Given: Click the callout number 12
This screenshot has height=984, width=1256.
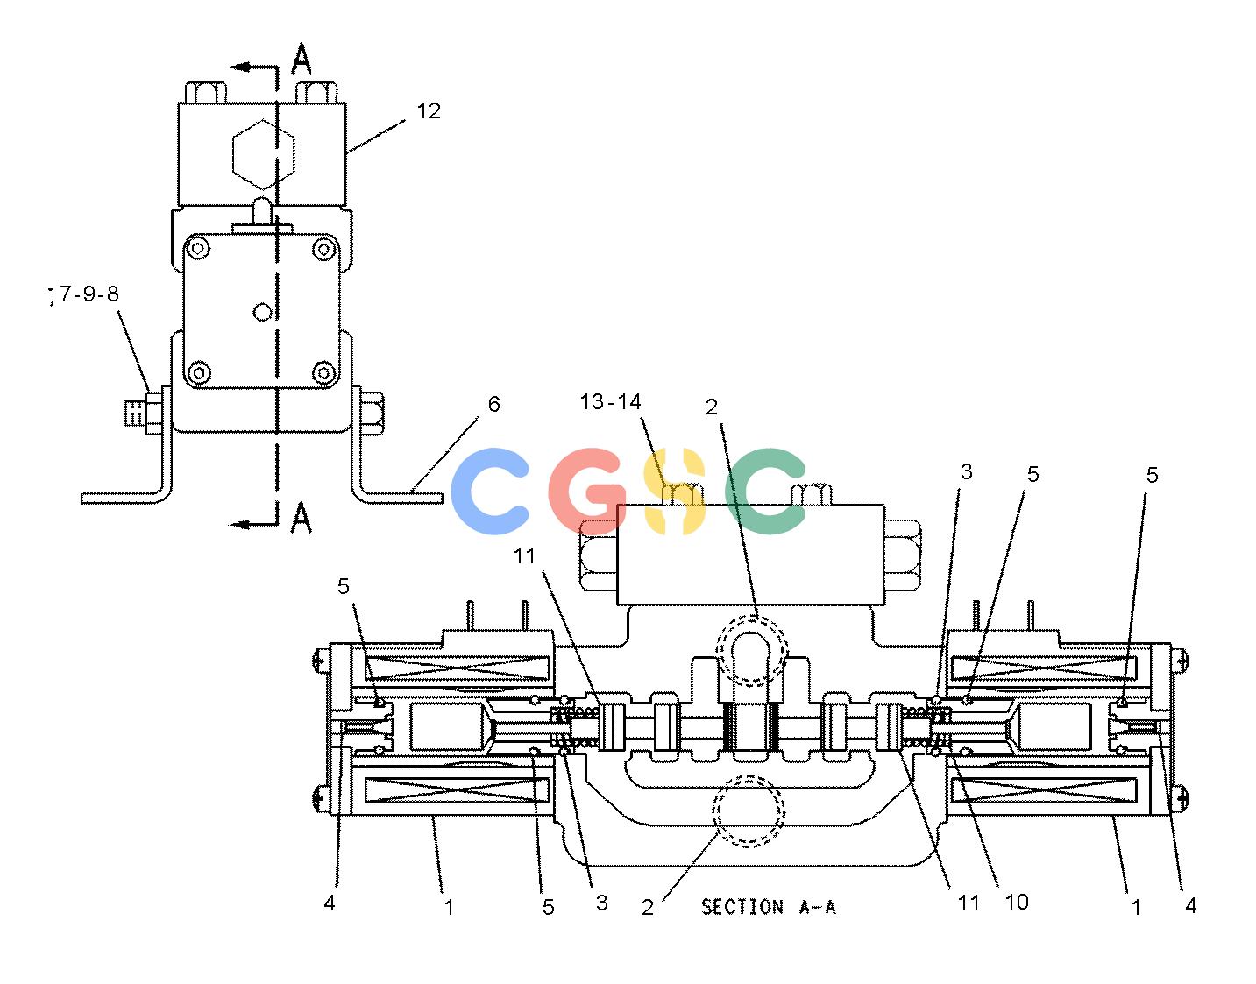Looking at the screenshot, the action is [x=429, y=111].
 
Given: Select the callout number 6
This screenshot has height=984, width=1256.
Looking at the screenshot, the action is [x=493, y=404].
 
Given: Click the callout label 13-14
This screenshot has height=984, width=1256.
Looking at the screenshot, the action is [x=610, y=401].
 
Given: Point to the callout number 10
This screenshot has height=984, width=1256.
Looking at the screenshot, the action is [x=1017, y=902].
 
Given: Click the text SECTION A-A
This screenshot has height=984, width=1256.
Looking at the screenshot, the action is [x=769, y=907].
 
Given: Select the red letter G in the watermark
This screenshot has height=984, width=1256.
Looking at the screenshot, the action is [x=587, y=491].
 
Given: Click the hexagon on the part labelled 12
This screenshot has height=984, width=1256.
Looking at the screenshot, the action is [x=263, y=154].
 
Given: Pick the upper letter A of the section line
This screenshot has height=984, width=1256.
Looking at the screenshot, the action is [x=302, y=59].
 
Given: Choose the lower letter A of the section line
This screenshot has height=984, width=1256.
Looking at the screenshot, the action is [x=302, y=517].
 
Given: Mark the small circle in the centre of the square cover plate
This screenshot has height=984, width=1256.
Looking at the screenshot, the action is [x=262, y=312].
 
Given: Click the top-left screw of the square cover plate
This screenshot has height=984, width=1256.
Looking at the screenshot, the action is [x=199, y=249].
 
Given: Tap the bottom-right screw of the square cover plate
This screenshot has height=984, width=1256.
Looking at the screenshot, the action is [x=323, y=372].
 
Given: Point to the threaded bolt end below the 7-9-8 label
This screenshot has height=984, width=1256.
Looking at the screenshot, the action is [x=135, y=413].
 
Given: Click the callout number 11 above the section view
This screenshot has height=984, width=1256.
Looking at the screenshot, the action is [x=524, y=556].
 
